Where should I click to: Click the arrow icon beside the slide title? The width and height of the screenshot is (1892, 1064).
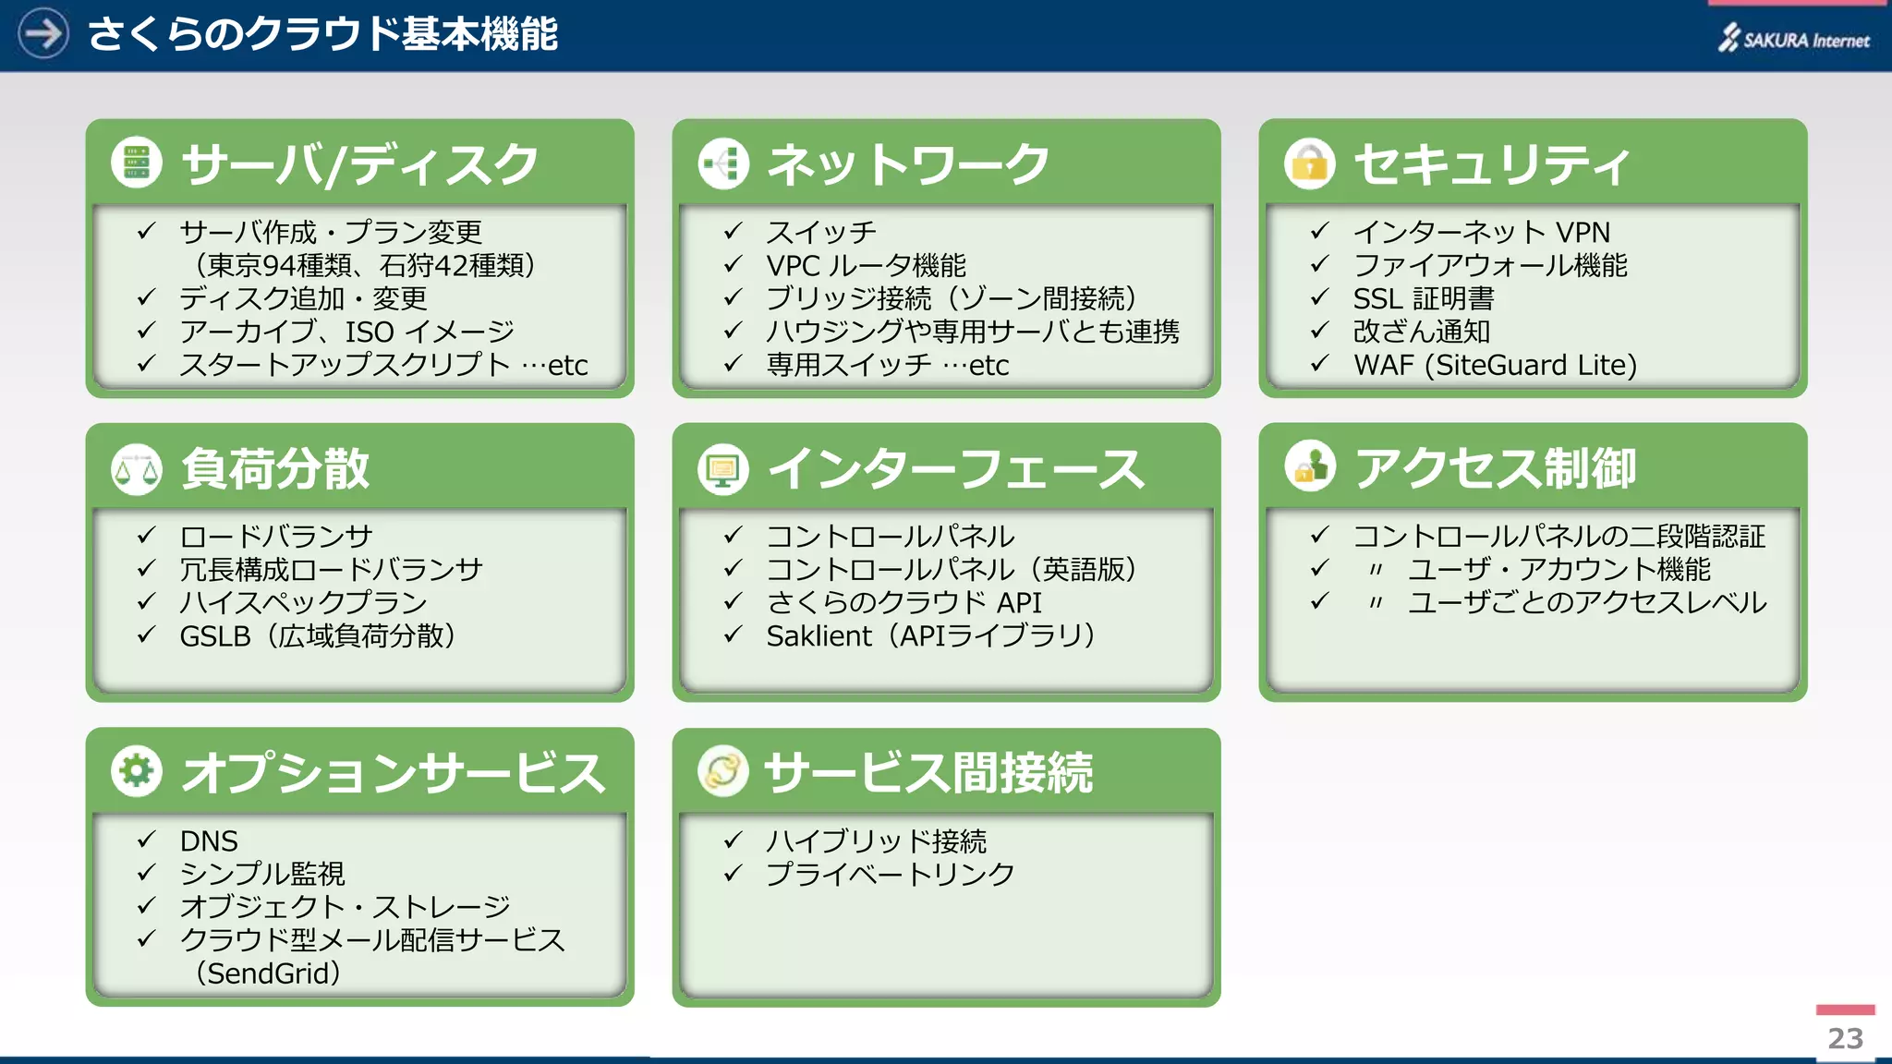(42, 34)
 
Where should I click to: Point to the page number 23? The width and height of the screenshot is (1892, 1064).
(1845, 1038)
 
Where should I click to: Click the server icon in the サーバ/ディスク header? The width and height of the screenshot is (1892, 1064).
(136, 163)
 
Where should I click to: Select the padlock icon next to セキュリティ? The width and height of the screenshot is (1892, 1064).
(1309, 163)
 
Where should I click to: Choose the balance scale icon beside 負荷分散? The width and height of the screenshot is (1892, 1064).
(136, 469)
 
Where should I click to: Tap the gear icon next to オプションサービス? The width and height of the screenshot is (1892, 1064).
(136, 771)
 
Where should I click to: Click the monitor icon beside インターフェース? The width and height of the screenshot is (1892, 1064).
(722, 469)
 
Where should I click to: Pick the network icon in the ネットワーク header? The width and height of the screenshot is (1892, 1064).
(722, 163)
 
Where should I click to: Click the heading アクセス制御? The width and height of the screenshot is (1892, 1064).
(1494, 468)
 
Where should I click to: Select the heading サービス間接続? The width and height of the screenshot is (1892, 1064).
(928, 772)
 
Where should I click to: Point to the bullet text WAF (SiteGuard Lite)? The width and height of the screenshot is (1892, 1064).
(1494, 365)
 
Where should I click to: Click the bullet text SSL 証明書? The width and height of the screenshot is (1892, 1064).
(1423, 298)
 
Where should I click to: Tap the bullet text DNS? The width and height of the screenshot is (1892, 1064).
(209, 840)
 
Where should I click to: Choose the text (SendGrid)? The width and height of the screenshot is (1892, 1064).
(268, 973)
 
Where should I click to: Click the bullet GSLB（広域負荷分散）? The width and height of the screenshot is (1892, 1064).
(317, 635)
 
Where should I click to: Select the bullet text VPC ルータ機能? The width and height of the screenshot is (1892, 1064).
(866, 265)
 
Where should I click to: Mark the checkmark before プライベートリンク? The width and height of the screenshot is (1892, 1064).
(733, 873)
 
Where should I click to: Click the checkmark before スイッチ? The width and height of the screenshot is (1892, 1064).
(733, 231)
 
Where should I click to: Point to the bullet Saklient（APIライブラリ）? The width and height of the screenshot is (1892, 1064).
(930, 635)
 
